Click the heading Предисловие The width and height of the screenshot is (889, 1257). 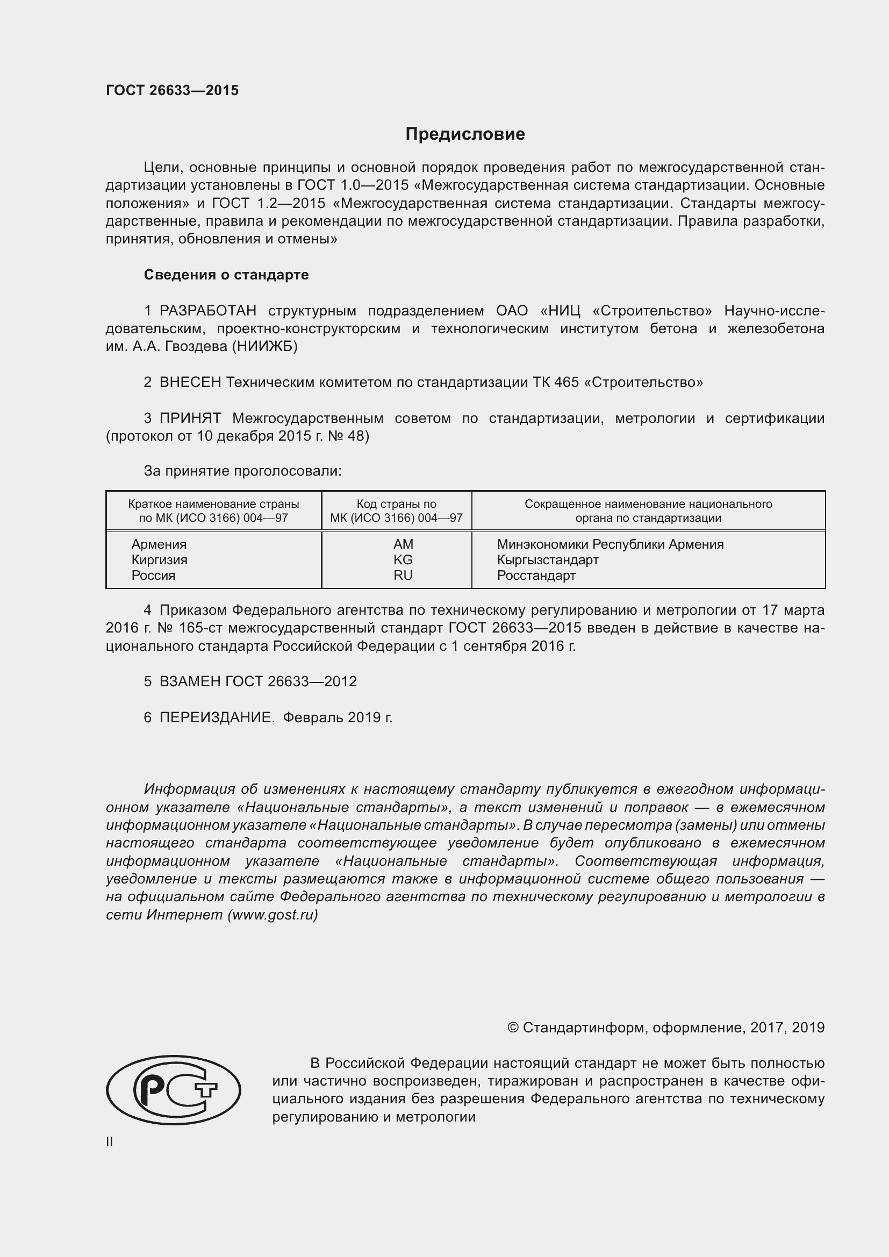465,134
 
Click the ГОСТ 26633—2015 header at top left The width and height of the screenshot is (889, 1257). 172,90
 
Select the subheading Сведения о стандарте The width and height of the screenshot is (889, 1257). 226,275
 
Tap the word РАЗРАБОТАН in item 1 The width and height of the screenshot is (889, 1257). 207,311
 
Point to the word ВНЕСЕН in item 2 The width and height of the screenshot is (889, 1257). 190,382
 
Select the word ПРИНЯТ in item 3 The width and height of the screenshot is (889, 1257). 190,418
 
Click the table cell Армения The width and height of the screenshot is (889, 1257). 159,544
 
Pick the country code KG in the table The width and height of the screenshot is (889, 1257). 403,559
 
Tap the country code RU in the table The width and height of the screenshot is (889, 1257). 403,576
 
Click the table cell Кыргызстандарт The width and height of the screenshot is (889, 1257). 547,559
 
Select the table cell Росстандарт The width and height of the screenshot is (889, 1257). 536,576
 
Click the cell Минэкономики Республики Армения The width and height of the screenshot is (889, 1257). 610,544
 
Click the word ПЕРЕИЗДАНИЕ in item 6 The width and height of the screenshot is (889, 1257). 216,717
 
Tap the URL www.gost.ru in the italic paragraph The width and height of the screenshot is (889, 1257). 272,915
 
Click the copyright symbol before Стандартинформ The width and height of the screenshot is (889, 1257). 512,1028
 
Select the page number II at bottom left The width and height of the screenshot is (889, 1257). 110,1142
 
